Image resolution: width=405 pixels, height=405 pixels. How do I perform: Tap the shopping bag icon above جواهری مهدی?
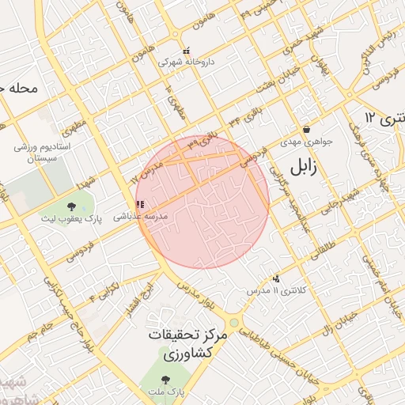(x=306, y=129)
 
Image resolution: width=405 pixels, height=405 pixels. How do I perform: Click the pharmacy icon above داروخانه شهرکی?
(x=186, y=51)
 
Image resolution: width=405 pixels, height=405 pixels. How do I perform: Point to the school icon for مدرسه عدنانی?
(x=140, y=204)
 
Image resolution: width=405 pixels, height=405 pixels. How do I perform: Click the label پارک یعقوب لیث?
(x=79, y=218)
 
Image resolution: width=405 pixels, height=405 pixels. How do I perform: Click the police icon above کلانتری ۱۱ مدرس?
(x=276, y=278)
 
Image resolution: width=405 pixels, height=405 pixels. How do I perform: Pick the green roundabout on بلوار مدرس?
(x=233, y=324)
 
